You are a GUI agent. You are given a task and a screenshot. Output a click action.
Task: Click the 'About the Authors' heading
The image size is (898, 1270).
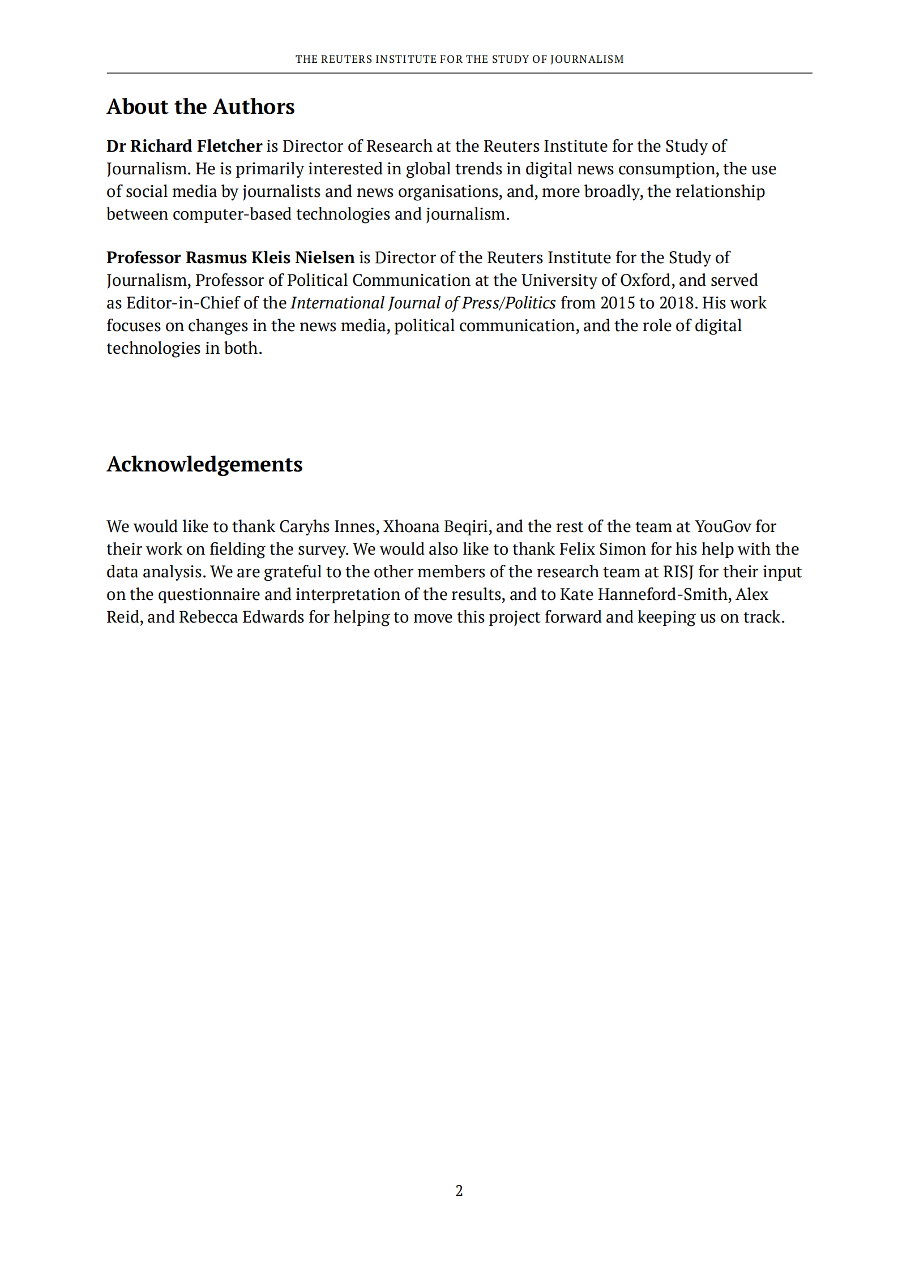[200, 107]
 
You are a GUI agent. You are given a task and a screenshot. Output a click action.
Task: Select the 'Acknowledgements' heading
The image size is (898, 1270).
[204, 464]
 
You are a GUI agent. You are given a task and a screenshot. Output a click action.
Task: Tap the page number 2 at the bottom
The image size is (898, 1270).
[459, 1190]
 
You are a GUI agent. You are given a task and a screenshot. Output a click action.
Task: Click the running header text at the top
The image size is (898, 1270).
[459, 59]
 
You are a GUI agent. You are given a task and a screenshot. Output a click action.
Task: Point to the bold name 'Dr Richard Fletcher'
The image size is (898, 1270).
[184, 146]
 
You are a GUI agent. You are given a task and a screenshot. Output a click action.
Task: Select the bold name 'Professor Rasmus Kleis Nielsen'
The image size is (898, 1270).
[230, 258]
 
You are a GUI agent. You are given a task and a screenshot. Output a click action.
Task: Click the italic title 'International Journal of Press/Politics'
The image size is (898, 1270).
[423, 303]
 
